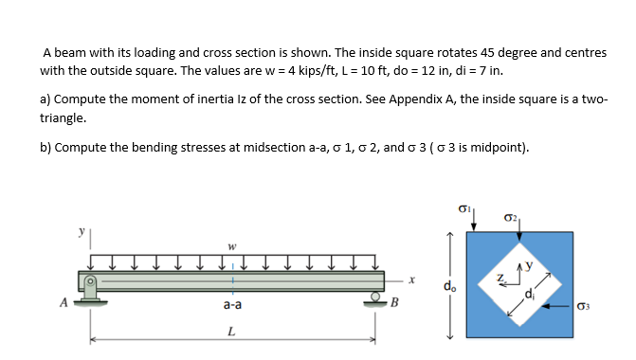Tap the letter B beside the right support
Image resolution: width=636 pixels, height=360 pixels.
395,304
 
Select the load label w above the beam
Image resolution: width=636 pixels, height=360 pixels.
231,249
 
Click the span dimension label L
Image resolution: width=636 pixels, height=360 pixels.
231,331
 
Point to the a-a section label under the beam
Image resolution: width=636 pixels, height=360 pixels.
231,306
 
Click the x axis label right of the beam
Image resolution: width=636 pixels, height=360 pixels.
412,280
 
